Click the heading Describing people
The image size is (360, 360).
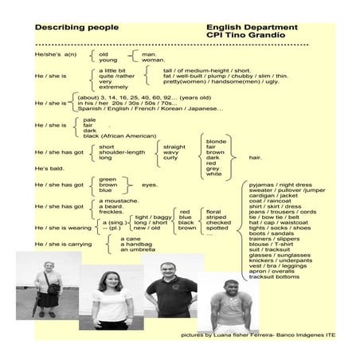73,26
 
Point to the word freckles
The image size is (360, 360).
112,211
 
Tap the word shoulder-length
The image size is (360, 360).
122,152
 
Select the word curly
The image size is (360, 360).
170,158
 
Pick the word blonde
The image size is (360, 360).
217,141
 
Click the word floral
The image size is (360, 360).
216,211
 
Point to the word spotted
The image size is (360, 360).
218,228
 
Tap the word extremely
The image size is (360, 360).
113,86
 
